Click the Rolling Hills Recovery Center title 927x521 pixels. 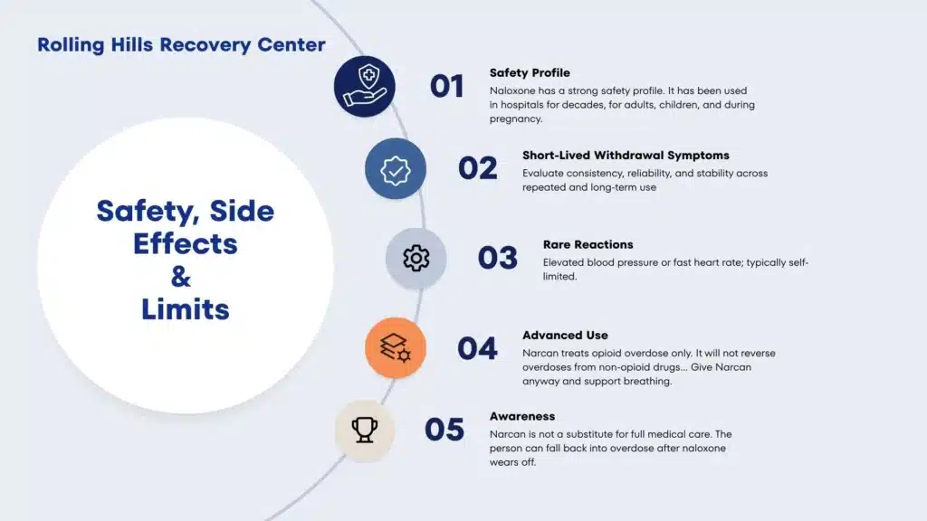coord(181,45)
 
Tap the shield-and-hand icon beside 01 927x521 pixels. coord(365,86)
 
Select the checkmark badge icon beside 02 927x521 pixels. coord(396,169)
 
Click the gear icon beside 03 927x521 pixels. coord(416,258)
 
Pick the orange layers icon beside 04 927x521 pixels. coord(396,348)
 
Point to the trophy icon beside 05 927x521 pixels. coord(365,430)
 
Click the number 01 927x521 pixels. coord(447,86)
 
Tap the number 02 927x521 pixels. coord(478,168)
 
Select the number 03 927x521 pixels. coord(498,258)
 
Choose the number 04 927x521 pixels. coord(478,348)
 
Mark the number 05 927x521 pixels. coord(444,430)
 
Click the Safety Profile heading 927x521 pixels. coord(530,72)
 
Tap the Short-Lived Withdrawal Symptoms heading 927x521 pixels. coord(626,156)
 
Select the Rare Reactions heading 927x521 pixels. coord(588,244)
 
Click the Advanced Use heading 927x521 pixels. coord(565,335)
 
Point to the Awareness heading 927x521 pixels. coord(522,416)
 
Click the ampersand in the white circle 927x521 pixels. coord(181,276)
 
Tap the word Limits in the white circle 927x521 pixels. coord(185,309)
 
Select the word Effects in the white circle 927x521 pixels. coord(185,243)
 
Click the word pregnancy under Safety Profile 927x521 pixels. coord(515,118)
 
